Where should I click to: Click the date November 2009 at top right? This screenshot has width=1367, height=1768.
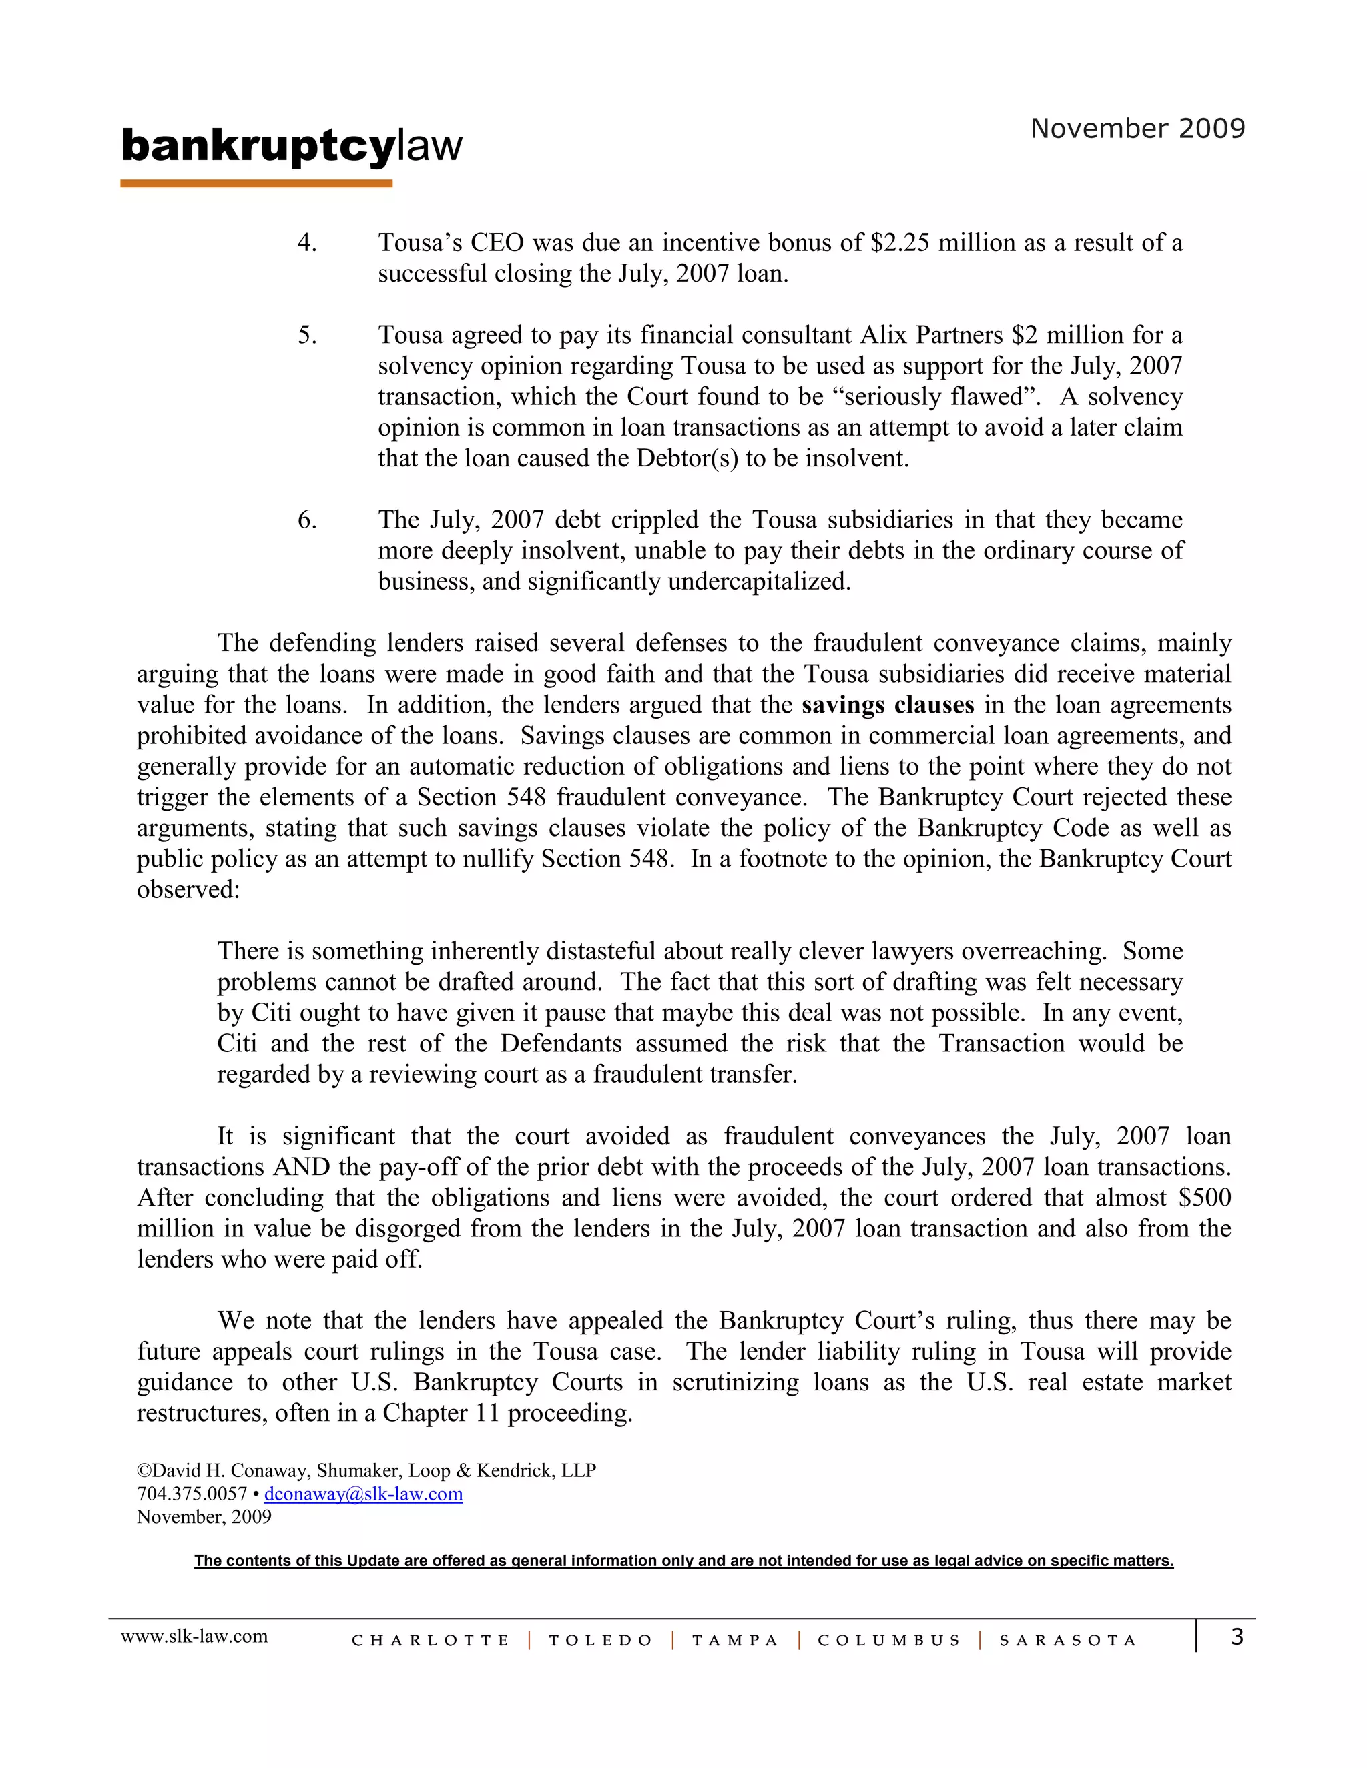pyautogui.click(x=1137, y=129)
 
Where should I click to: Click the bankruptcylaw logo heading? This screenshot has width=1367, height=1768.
pyautogui.click(x=292, y=147)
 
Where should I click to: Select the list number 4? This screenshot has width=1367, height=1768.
pyautogui.click(x=307, y=243)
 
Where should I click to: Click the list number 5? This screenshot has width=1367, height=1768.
pyautogui.click(x=307, y=335)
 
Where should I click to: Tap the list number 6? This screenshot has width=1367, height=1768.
pyautogui.click(x=307, y=520)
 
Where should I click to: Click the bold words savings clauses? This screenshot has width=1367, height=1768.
pyautogui.click(x=888, y=705)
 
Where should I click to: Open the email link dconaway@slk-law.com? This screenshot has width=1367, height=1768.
pyautogui.click(x=364, y=1494)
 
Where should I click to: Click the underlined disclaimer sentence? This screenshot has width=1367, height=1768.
pyautogui.click(x=683, y=1561)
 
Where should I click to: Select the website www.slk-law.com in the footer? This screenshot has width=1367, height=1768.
pyautogui.click(x=194, y=1636)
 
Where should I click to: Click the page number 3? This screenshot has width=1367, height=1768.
pyautogui.click(x=1237, y=1637)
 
